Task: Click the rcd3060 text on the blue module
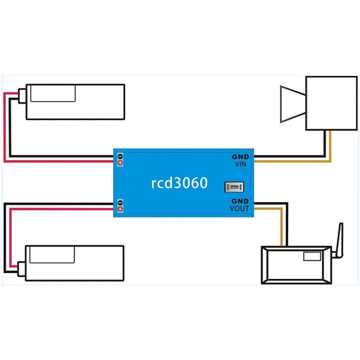(x=179, y=183)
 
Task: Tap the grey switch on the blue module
(x=234, y=187)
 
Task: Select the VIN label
(x=241, y=164)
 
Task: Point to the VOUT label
(x=239, y=208)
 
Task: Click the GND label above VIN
(x=241, y=157)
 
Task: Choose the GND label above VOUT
(x=240, y=201)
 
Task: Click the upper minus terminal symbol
(x=120, y=157)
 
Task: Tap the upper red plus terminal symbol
(x=120, y=163)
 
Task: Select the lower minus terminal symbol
(x=120, y=203)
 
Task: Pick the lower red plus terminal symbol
(x=120, y=209)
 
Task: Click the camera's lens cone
(x=293, y=104)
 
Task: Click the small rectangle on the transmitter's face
(x=312, y=256)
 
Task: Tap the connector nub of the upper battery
(x=22, y=96)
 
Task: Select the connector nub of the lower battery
(x=22, y=269)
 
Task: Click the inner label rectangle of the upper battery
(x=53, y=93)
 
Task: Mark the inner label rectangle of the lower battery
(x=52, y=255)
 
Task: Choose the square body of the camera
(x=332, y=103)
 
